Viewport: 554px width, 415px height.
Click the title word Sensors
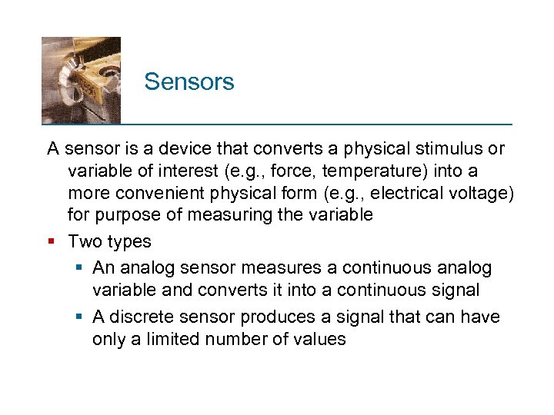coord(189,81)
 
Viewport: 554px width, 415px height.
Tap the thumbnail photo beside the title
coord(81,80)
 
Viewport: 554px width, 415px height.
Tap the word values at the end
coord(319,340)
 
